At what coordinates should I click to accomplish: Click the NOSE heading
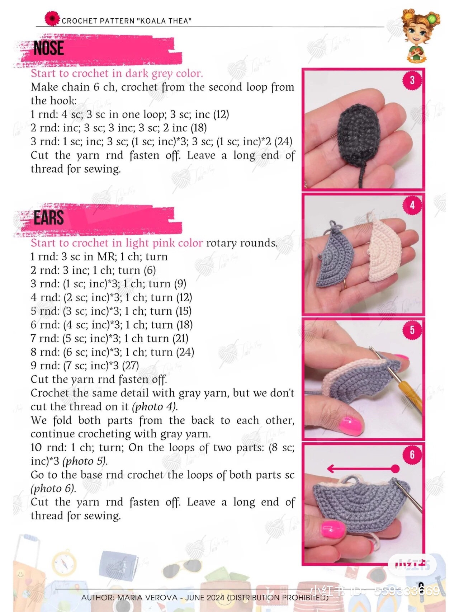pyautogui.click(x=49, y=48)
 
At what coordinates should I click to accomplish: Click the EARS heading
pyautogui.click(x=49, y=218)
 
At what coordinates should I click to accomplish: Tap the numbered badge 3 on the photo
pyautogui.click(x=412, y=80)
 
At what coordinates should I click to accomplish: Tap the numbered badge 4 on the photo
pyautogui.click(x=412, y=205)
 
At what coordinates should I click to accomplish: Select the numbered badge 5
pyautogui.click(x=412, y=330)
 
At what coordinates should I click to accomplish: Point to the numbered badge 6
pyautogui.click(x=412, y=455)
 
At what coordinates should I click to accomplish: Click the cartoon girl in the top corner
pyautogui.click(x=420, y=35)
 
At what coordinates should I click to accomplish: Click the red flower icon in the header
pyautogui.click(x=52, y=18)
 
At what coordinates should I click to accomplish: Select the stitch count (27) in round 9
pyautogui.click(x=130, y=366)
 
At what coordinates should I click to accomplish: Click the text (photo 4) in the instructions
pyautogui.click(x=155, y=406)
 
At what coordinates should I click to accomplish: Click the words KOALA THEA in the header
pyautogui.click(x=164, y=21)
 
